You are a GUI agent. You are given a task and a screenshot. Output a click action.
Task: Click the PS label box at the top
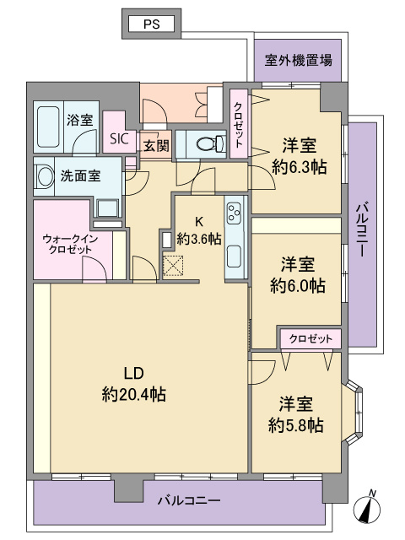point(152,24)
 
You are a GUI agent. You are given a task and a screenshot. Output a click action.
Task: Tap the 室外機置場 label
point(298,60)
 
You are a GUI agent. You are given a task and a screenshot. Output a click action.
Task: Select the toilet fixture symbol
point(211,143)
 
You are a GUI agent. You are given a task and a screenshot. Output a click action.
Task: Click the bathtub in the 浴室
point(48,127)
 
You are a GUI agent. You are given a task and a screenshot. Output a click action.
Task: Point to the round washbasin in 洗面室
point(45,176)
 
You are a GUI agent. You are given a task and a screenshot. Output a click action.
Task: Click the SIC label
point(119,138)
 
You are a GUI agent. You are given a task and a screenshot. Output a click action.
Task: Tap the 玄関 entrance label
point(156,146)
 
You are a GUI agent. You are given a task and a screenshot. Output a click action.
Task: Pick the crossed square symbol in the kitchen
point(173,266)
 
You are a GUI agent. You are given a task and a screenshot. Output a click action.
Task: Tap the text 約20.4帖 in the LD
point(134,394)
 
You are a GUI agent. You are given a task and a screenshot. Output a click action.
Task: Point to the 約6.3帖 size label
point(299,168)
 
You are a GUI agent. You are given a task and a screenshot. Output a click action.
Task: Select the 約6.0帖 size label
point(298,286)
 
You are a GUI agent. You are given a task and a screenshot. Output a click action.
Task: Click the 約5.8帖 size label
point(296,425)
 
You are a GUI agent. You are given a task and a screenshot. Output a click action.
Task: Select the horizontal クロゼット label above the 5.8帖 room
point(311,339)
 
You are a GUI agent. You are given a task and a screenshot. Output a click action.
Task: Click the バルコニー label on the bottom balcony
point(189,500)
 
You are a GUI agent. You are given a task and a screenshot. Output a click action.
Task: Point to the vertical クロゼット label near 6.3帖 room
point(238,125)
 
